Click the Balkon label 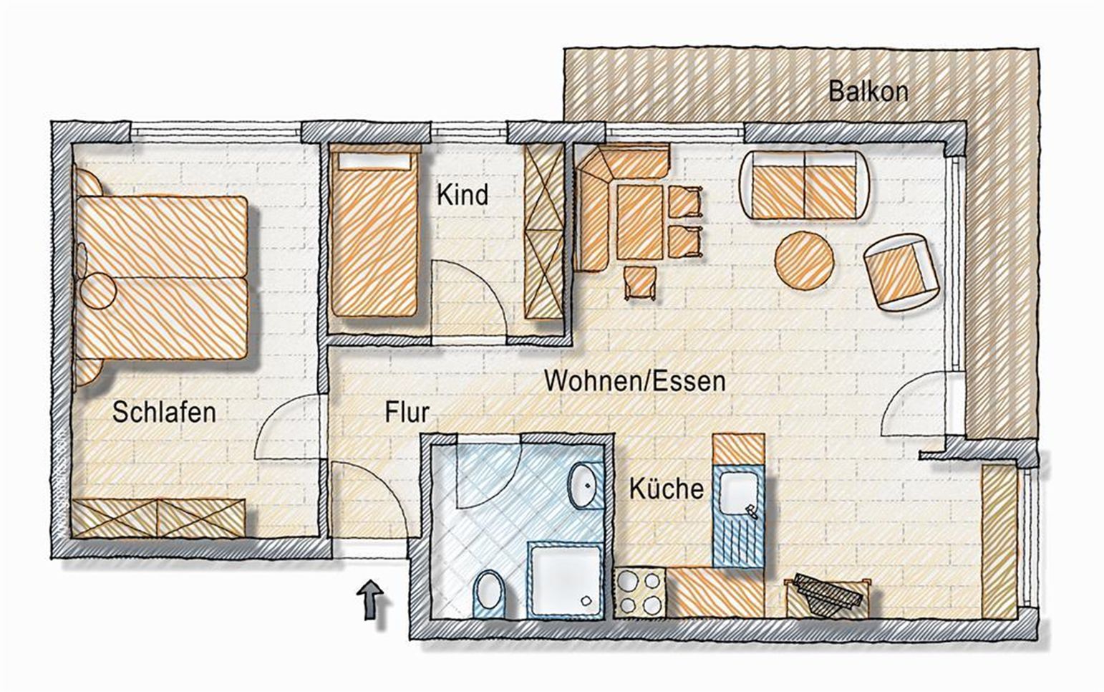[868, 92]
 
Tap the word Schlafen [164, 413]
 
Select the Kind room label [463, 195]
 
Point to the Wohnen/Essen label [635, 382]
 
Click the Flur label [407, 413]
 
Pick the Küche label [667, 489]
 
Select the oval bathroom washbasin [586, 486]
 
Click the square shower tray [566, 580]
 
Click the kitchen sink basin [737, 490]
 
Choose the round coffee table [804, 261]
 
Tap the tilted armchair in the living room [901, 272]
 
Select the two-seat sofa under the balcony [805, 185]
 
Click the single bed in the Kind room [374, 232]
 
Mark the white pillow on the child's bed [374, 161]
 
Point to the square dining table [639, 223]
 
